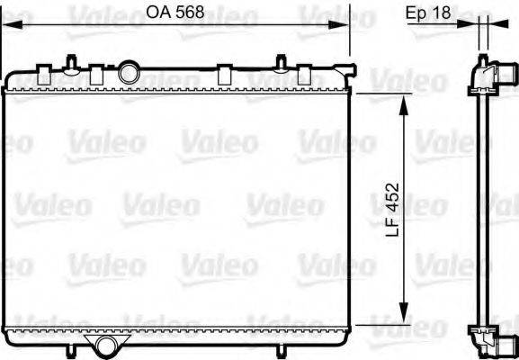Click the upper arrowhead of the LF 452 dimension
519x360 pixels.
[403, 99]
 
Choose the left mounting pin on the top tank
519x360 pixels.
[69, 61]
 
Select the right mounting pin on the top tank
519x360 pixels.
[282, 62]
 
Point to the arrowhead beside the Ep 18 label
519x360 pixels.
[470, 24]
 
